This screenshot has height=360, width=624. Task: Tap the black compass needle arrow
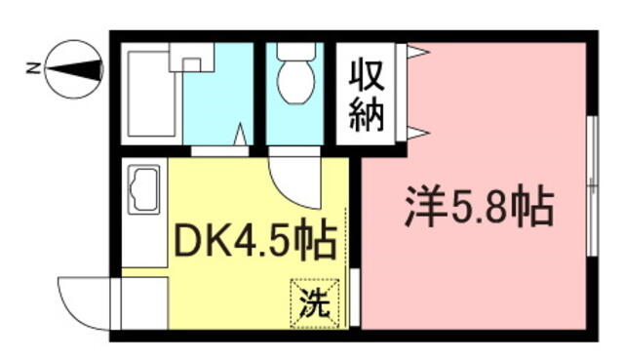coord(74,69)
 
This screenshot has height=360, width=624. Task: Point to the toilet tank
coord(295,52)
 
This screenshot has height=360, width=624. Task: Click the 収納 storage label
coord(367,95)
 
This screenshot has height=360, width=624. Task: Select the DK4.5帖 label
coord(254,242)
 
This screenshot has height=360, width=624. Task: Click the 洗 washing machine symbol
coord(314,303)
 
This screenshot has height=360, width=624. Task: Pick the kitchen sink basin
coord(143,188)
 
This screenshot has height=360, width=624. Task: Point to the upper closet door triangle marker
coord(417,52)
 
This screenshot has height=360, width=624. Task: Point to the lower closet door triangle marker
coord(417,133)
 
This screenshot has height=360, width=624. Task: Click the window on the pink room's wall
coord(593,185)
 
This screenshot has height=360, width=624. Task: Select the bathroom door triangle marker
coord(240,135)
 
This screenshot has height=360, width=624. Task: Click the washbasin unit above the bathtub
coord(192,57)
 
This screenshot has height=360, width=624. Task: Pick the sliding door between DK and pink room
coord(355,297)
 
